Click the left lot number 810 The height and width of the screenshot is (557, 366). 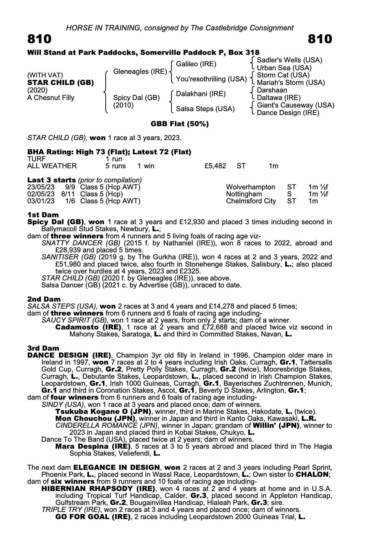(x=39, y=39)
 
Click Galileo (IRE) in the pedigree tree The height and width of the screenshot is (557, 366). (x=196, y=64)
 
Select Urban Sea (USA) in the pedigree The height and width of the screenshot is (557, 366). (x=284, y=68)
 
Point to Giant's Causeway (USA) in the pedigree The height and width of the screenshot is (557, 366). (x=295, y=105)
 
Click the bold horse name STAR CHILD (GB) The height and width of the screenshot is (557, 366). (x=60, y=83)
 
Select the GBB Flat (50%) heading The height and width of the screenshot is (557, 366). (x=180, y=124)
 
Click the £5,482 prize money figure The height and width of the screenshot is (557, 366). (x=215, y=166)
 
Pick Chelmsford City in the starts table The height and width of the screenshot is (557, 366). (x=251, y=201)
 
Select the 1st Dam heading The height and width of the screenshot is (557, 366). (x=43, y=215)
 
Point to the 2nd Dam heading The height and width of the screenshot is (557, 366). (x=44, y=299)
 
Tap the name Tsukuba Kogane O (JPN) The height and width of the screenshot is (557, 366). (x=103, y=411)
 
